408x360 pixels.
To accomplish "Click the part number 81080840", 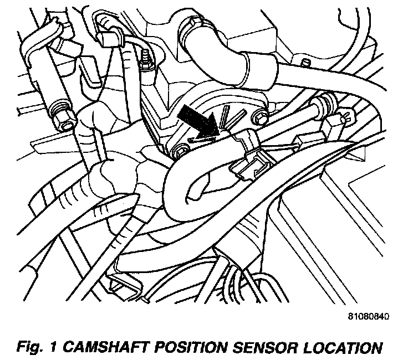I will (x=368, y=317).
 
